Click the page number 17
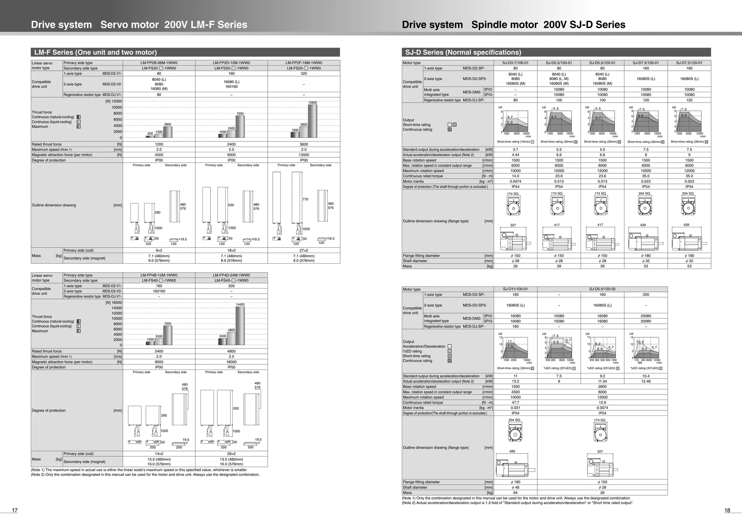click(15, 510)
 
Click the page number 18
click(727, 510)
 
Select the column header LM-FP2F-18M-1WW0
click(304, 63)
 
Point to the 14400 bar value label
click(240, 305)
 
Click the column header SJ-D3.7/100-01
click(515, 63)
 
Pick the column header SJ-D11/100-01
click(515, 289)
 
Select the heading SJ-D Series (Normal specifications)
click(463, 52)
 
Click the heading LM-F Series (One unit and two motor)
click(95, 52)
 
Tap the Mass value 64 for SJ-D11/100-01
click(515, 493)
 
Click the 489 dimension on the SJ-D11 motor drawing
click(512, 451)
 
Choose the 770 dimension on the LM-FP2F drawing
click(305, 199)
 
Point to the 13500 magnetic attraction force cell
click(304, 155)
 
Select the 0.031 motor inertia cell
click(515, 408)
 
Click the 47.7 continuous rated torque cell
click(515, 402)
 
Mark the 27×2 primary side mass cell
click(304, 251)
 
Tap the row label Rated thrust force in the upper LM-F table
click(47, 144)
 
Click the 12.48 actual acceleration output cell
click(646, 381)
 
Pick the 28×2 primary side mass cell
click(231, 454)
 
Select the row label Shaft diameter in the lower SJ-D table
click(415, 488)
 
